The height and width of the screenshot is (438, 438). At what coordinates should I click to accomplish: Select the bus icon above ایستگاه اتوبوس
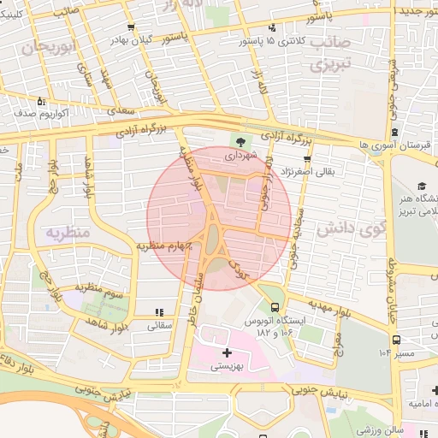(275, 307)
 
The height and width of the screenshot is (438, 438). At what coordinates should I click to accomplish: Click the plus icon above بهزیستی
(226, 352)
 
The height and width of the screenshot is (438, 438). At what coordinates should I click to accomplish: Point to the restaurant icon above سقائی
(159, 312)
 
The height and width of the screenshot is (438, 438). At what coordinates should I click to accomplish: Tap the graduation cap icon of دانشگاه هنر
(422, 186)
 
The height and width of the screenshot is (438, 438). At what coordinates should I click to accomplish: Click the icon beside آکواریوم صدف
(18, 112)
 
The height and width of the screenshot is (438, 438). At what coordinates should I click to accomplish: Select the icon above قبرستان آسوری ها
(395, 132)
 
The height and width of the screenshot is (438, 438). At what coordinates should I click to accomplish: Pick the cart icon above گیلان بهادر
(130, 27)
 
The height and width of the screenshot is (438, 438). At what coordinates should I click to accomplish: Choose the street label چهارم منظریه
(163, 246)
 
